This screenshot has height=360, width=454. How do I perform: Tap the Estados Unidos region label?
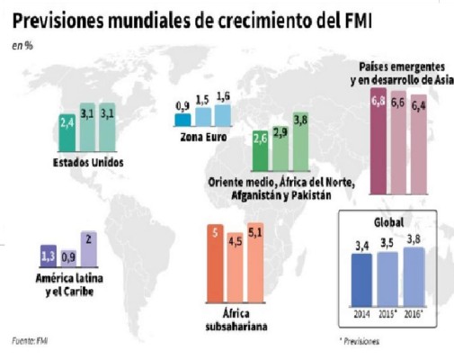[x=87, y=162]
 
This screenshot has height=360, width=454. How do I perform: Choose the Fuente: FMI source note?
[x=30, y=341]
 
